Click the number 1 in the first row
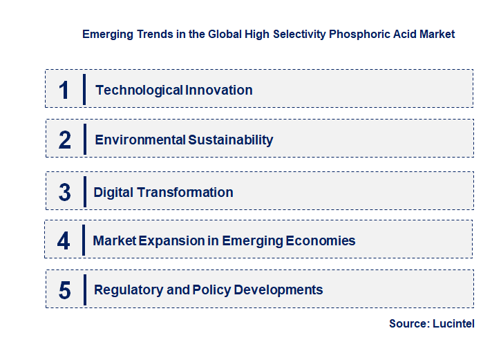[64, 90]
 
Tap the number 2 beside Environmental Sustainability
[64, 140]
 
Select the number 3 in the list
[64, 192]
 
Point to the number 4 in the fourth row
[64, 241]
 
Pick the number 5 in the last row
[64, 290]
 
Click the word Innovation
[218, 90]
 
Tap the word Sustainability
[231, 140]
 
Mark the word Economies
[320, 241]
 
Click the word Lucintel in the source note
[454, 323]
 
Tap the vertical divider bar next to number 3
[84, 191]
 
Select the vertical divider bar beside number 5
[84, 290]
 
